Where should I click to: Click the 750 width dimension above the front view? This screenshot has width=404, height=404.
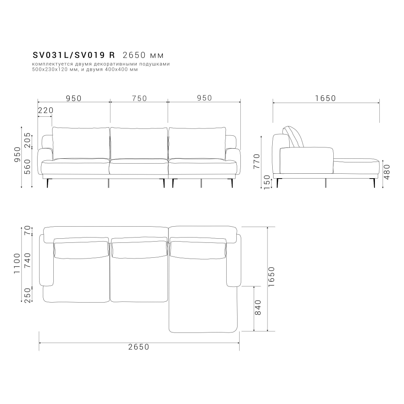click(139, 98)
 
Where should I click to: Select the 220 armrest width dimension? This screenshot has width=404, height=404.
click(45, 110)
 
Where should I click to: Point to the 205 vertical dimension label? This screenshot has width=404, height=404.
click(27, 140)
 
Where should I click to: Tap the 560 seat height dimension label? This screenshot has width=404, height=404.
click(27, 166)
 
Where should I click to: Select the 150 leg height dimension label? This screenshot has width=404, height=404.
click(266, 182)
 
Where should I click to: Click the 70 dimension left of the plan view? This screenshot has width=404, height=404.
click(27, 231)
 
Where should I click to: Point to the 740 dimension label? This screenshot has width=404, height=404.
click(27, 261)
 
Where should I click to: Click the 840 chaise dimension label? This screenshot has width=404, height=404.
click(259, 307)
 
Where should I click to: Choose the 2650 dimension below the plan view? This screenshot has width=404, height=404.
click(139, 347)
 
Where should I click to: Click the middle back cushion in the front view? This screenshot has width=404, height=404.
click(139, 142)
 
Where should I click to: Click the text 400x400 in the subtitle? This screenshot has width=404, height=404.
click(125, 69)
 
